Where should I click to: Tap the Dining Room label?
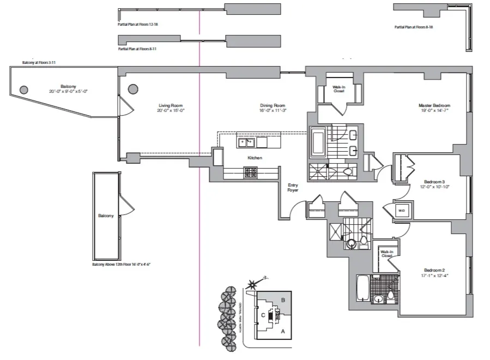(x=272, y=105)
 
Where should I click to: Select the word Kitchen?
(x=255, y=158)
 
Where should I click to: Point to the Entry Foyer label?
(x=293, y=188)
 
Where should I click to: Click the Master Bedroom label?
(x=434, y=105)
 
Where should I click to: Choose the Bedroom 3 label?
(x=434, y=182)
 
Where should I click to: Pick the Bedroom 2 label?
(x=434, y=270)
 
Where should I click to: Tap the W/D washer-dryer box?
(x=401, y=210)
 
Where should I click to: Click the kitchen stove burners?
(x=251, y=172)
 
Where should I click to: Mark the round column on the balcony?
(x=24, y=90)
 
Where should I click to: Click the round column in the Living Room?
(x=133, y=90)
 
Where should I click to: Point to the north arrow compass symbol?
(x=252, y=284)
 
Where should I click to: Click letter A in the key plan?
(x=282, y=331)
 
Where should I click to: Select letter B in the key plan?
(x=282, y=299)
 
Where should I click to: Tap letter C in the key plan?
(x=263, y=315)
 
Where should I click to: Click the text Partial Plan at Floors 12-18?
(x=137, y=25)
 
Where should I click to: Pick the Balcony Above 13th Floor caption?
(x=121, y=264)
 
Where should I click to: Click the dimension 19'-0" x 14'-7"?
(x=434, y=111)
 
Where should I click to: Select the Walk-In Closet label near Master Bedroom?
(x=339, y=88)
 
